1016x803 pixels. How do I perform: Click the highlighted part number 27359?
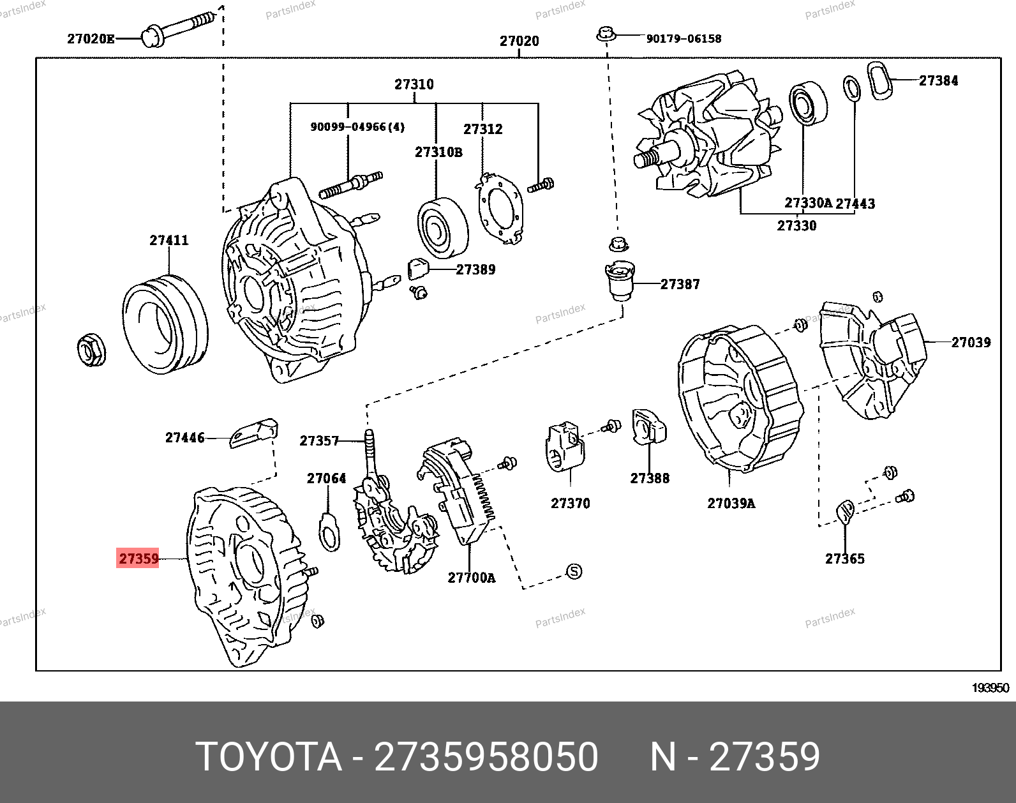click(138, 559)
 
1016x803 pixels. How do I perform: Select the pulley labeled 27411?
click(165, 324)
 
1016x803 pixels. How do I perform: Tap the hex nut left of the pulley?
click(91, 350)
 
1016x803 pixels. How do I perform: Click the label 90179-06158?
click(684, 38)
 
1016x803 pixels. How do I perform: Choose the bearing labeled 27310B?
click(443, 228)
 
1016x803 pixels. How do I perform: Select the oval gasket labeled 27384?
click(878, 81)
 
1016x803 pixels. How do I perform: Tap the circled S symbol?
click(574, 571)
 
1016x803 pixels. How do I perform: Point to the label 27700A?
click(471, 578)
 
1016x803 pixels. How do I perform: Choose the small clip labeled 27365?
click(845, 511)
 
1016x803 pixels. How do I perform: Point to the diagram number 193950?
click(990, 687)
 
